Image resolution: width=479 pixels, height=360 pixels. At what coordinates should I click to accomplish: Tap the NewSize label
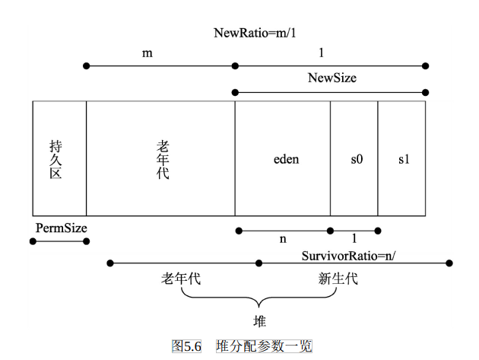pyautogui.click(x=332, y=78)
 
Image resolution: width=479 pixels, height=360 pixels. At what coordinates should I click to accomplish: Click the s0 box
pyautogui.click(x=355, y=160)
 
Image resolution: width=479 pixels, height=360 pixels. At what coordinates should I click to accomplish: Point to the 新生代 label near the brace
pyautogui.click(x=338, y=279)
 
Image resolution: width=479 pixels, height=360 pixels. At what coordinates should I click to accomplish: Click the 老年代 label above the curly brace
pyautogui.click(x=181, y=279)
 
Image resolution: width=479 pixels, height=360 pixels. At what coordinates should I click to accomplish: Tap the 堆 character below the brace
pyautogui.click(x=259, y=320)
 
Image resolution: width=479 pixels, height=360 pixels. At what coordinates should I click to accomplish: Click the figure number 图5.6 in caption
pyautogui.click(x=188, y=346)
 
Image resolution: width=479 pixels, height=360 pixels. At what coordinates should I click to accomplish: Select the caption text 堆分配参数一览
pyautogui.click(x=264, y=346)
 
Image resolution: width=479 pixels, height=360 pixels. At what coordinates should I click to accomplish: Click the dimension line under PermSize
pyautogui.click(x=59, y=241)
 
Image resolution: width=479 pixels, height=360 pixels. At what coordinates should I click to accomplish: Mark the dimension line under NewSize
pyautogui.click(x=331, y=92)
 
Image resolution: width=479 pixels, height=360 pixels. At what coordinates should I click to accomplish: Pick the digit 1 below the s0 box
pyautogui.click(x=354, y=239)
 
